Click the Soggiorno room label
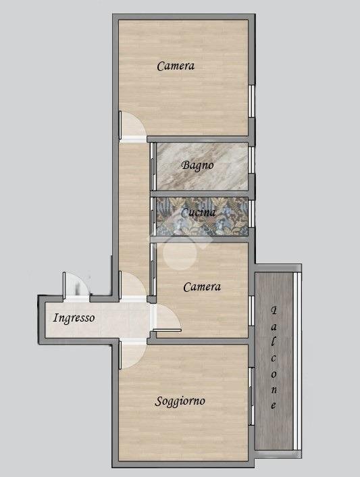click(180, 401)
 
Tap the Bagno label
click(198, 166)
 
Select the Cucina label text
click(199, 212)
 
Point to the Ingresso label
click(74, 318)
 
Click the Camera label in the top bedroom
click(176, 66)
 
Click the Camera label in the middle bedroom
click(202, 287)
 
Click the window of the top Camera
click(251, 101)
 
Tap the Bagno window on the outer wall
click(251, 160)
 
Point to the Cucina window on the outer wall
click(251, 214)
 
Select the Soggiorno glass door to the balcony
click(251, 397)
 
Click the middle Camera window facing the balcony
click(251, 311)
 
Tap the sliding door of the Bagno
click(153, 167)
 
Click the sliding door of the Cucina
click(153, 217)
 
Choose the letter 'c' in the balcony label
click(274, 358)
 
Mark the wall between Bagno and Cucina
click(199, 194)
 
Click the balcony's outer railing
click(297, 361)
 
